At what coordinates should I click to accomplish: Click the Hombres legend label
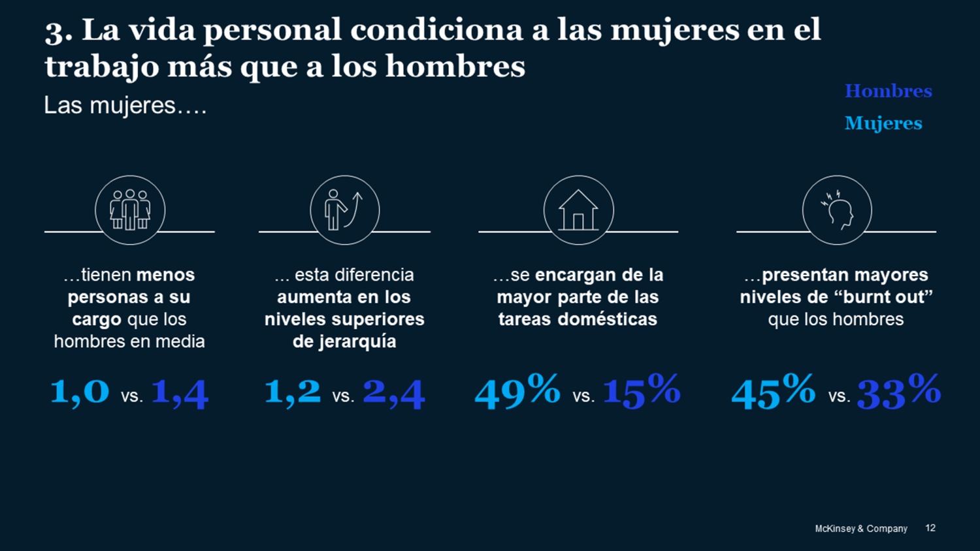point(888,91)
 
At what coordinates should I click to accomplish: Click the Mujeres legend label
point(883,123)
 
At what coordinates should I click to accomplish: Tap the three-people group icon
point(130,210)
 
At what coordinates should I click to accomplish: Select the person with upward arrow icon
point(344,210)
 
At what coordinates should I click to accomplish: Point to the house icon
point(578,210)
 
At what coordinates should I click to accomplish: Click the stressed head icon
point(837,210)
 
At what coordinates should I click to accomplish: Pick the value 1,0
point(80,392)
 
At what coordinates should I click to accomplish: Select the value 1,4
point(180,393)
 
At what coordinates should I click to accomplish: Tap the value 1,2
point(293,392)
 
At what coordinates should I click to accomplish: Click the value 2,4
point(393,393)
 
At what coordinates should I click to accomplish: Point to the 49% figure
point(517,392)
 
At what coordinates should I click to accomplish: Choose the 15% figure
point(641,392)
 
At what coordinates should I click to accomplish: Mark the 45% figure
point(774,392)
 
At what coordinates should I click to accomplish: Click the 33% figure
point(898,392)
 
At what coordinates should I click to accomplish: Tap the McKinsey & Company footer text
point(860,528)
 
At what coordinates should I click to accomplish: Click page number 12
point(930,527)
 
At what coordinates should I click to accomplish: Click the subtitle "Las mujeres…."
point(125,106)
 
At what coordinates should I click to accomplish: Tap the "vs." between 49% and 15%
point(583,396)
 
